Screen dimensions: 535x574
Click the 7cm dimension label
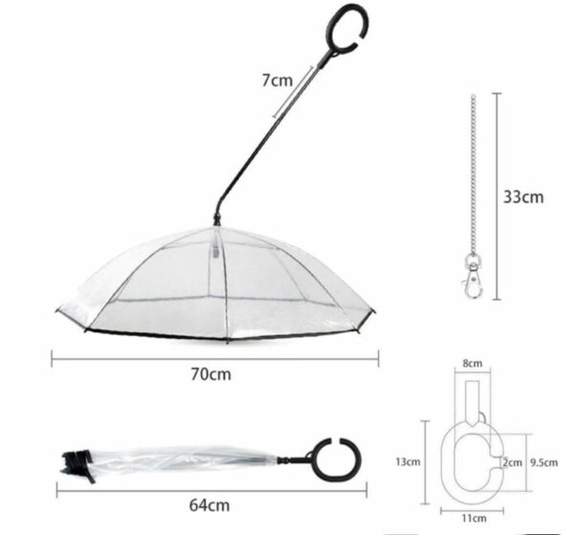click(278, 80)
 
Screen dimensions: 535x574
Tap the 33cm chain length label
click(523, 197)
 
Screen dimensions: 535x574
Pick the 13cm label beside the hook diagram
click(408, 462)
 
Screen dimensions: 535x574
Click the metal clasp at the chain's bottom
click(472, 277)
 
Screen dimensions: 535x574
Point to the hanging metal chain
click(473, 182)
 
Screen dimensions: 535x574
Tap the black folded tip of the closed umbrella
click(74, 464)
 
